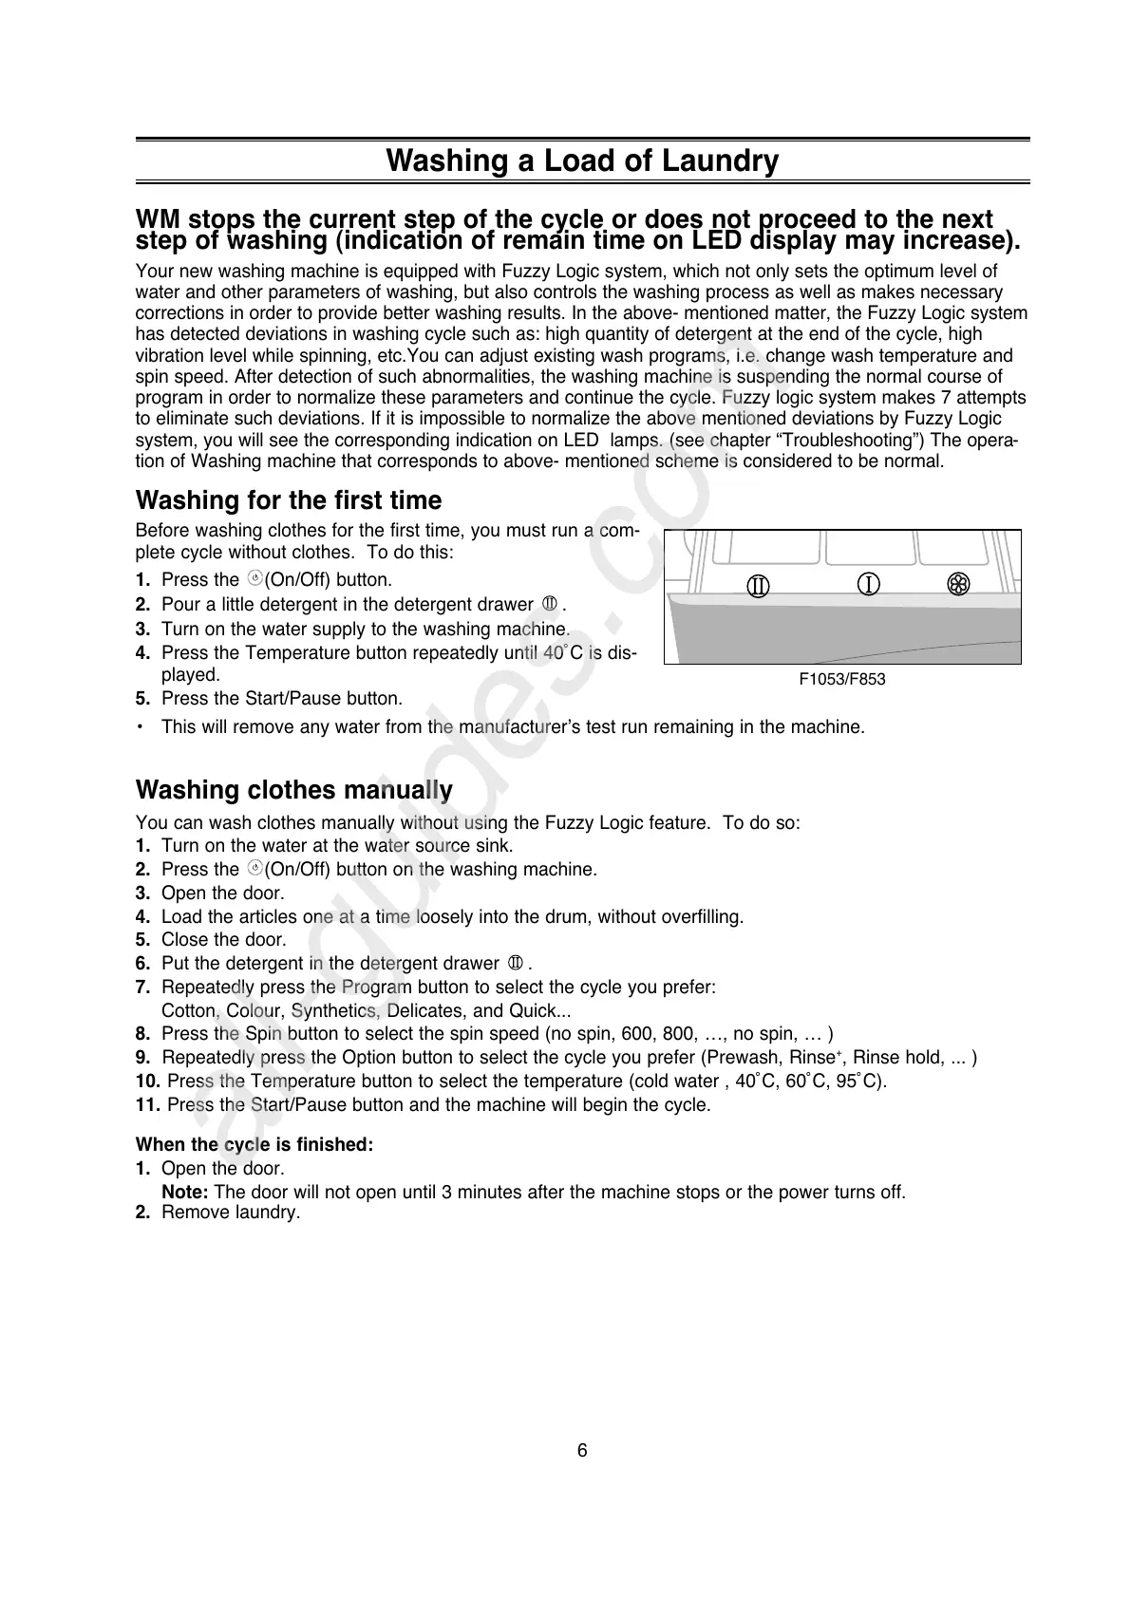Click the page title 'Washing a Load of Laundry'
582,160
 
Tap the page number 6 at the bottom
582,1450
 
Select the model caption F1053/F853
841,679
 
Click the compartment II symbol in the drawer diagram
757,586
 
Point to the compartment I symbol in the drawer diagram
868,583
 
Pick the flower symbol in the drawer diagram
957,584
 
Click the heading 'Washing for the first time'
289,500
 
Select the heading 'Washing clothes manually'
294,790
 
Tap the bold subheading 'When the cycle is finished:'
254,1144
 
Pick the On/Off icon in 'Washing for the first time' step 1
254,579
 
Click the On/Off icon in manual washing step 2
254,869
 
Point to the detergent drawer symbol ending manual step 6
516,963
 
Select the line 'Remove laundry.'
231,1213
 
